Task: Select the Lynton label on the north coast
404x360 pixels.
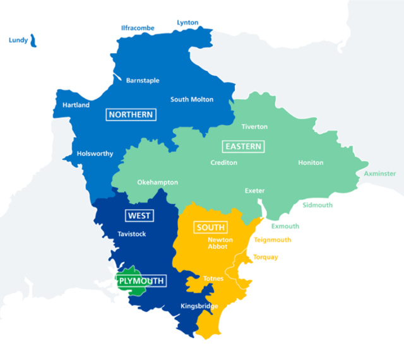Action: (187, 23)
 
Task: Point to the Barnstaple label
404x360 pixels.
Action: (143, 81)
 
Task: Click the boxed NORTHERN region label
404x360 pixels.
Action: (131, 114)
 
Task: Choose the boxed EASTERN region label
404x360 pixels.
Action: (243, 147)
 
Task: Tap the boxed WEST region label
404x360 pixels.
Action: (139, 216)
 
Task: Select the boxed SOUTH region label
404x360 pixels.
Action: (211, 227)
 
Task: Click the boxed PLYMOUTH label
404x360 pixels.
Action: (141, 280)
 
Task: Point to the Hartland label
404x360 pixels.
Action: (76, 105)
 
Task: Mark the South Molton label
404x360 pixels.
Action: (192, 100)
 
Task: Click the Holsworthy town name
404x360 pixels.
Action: (95, 153)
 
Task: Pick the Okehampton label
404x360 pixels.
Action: (157, 183)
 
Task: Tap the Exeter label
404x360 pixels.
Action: (255, 191)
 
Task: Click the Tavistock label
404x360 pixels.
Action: (131, 234)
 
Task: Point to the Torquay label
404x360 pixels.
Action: (265, 257)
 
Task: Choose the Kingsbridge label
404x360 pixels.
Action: (199, 307)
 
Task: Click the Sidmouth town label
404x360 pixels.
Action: (318, 205)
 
